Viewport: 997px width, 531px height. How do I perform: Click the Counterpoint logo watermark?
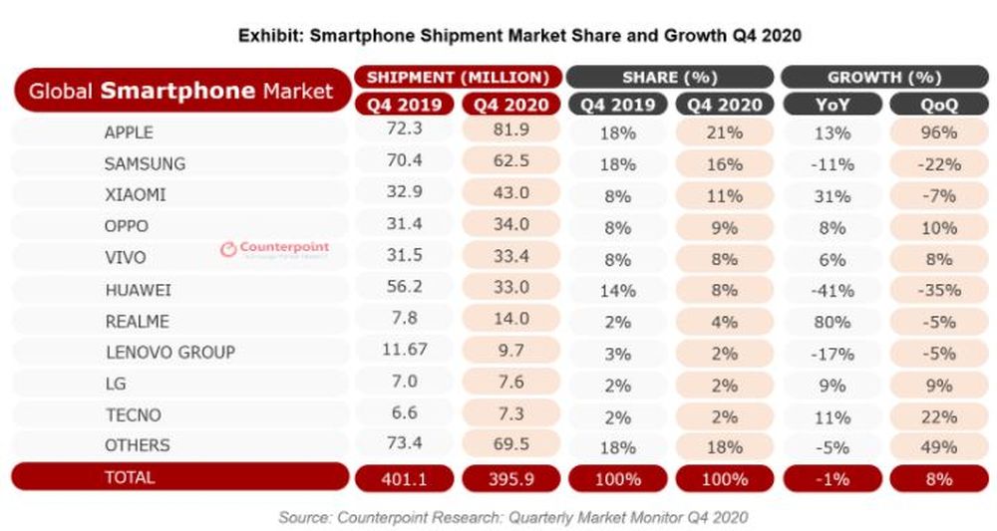(274, 249)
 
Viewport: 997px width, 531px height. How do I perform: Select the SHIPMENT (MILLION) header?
(458, 77)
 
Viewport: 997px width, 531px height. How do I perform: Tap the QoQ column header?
(939, 104)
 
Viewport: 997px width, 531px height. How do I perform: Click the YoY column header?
(831, 104)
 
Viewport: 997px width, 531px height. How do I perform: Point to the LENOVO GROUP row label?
(168, 352)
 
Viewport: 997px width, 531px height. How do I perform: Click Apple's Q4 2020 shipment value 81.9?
(511, 132)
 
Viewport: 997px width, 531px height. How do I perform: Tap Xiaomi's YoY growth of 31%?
(831, 195)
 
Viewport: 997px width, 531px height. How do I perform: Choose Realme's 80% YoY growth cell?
(831, 322)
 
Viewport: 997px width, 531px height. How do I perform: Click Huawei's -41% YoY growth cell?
(831, 291)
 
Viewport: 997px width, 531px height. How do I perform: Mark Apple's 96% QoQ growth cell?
(939, 132)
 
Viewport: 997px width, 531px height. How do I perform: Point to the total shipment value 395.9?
(511, 479)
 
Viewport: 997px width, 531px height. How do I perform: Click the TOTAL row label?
(130, 477)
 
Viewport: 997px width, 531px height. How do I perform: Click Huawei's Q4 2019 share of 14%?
(617, 291)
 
